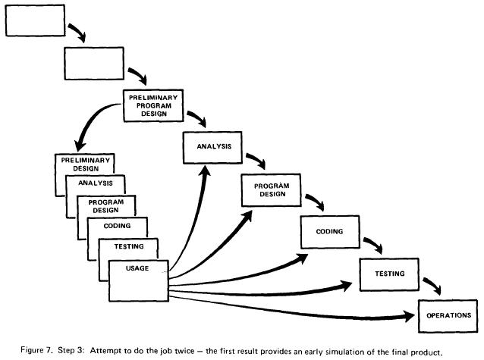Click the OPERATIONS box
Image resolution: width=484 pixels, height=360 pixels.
pos(448,315)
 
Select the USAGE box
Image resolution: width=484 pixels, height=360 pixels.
pos(137,277)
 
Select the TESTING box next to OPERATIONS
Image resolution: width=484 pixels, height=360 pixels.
pos(388,273)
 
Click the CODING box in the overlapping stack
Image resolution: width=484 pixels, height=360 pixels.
pos(118,225)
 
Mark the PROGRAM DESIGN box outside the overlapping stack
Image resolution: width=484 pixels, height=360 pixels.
pos(270,189)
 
